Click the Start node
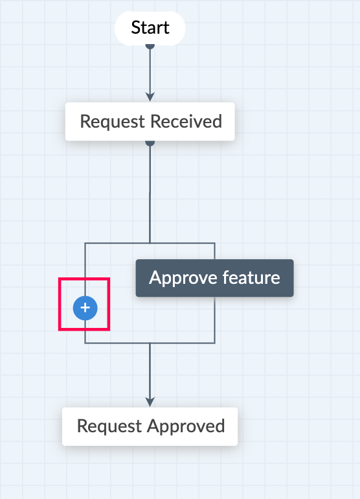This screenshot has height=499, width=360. tap(150, 29)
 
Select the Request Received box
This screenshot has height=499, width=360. tap(150, 122)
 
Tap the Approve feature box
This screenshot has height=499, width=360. tap(215, 278)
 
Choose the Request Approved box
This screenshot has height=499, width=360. tap(150, 426)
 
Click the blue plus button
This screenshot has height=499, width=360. tap(85, 308)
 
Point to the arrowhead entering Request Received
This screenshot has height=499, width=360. tap(150, 97)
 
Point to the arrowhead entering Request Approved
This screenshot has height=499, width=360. tap(150, 402)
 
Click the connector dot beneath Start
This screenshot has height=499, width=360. tap(150, 47)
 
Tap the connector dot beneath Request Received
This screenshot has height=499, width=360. tap(150, 143)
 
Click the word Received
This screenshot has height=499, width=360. tap(186, 122)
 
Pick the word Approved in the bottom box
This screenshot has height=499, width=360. tap(186, 426)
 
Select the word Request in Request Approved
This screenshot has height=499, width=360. tap(109, 427)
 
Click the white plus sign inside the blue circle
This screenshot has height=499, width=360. tap(85, 308)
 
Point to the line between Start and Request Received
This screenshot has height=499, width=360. tap(150, 71)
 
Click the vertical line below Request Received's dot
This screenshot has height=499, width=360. tap(150, 194)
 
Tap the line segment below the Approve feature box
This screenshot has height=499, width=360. tap(215, 320)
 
